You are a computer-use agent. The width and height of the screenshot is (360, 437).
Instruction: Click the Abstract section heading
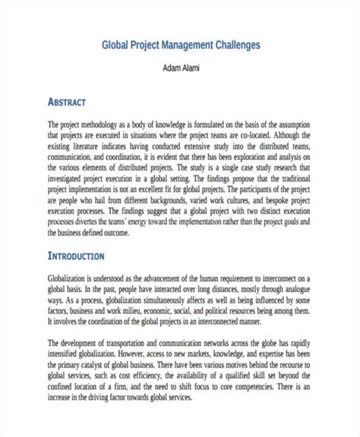click(67, 102)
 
